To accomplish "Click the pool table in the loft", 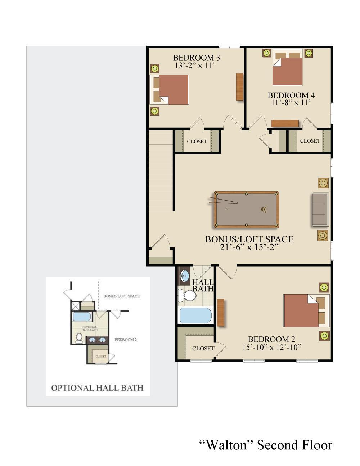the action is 247,209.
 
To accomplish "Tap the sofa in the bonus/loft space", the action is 320,209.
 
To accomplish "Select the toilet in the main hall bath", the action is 187,295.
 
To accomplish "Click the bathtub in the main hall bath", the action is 195,315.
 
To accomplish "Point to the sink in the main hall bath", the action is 184,275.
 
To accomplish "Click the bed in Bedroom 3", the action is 169,90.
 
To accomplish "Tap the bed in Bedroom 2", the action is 306,310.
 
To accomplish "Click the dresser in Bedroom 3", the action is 240,87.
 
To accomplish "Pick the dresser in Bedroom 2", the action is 221,313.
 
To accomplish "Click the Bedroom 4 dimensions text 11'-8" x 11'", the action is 291,103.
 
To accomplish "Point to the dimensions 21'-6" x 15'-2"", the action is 249,247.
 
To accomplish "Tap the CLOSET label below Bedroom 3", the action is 197,142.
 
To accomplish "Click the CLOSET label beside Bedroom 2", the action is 203,349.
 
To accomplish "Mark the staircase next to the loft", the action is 161,171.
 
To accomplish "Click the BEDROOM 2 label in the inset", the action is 126,340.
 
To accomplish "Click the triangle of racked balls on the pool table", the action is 264,209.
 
